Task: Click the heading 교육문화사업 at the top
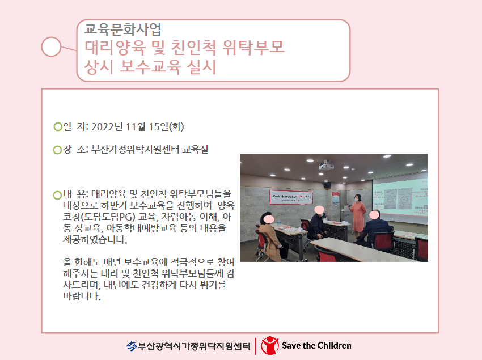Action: point(122,29)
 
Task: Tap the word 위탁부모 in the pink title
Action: point(253,48)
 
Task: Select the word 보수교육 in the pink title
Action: point(150,67)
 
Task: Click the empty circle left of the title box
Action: point(51,46)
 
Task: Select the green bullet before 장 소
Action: point(57,150)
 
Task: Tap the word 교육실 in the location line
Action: point(195,150)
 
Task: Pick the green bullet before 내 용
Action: point(57,195)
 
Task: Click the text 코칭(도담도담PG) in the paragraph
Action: point(99,217)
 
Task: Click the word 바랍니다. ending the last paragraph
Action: point(82,296)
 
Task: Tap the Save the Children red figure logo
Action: point(269,346)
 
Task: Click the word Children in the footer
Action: point(334,346)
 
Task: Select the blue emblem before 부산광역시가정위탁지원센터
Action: point(131,346)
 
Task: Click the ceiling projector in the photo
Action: point(326,166)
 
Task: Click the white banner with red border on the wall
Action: point(291,197)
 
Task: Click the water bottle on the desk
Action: point(279,223)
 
